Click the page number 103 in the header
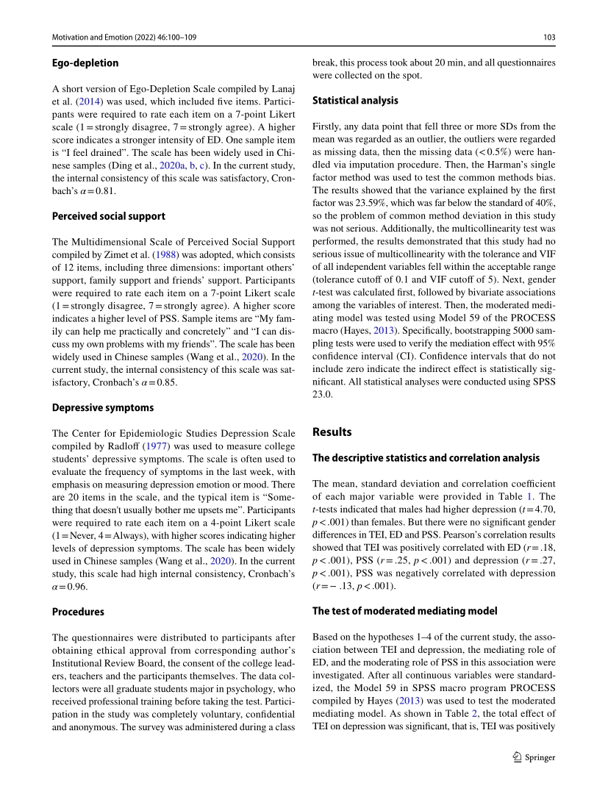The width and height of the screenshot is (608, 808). [x=548, y=36]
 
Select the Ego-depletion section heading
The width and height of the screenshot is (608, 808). [x=85, y=63]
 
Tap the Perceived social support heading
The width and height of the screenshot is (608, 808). [x=109, y=216]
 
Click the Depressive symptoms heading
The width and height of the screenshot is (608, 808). [x=103, y=407]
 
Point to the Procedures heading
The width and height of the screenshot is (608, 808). [x=78, y=612]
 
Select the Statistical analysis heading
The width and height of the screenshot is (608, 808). [x=355, y=100]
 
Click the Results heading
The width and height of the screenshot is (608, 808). [x=332, y=432]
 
